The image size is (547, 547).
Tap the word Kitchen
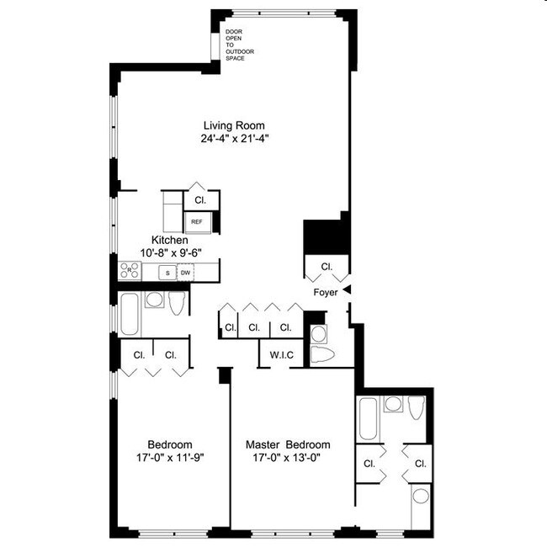coord(168,240)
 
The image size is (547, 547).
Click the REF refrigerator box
coord(196,222)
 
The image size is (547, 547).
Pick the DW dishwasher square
coord(185,272)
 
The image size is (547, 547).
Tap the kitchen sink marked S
coord(167,272)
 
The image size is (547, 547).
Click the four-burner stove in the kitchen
coord(130,271)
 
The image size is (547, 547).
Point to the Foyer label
coord(326,292)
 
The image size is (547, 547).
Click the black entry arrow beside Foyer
coord(346,290)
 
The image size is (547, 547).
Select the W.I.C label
coord(281,354)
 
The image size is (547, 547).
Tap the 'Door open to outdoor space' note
coord(239,45)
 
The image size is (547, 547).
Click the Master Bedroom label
coord(288,444)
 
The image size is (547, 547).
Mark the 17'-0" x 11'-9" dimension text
coord(170,458)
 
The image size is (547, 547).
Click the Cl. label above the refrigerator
coord(200,200)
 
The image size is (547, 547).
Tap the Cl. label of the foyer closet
coord(327,266)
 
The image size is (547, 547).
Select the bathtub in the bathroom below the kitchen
coord(130,313)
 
